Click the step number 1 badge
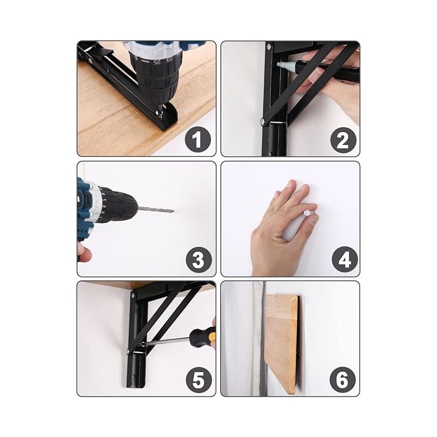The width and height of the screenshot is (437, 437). (198, 139)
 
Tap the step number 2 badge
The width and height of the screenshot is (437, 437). (343, 140)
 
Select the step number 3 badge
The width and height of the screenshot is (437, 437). (199, 259)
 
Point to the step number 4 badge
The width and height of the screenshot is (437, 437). (345, 259)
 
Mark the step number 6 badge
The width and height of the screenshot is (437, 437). (342, 379)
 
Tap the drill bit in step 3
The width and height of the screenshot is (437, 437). (156, 209)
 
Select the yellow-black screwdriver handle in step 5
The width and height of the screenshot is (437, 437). (203, 336)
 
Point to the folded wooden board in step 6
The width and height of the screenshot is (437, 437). (281, 345)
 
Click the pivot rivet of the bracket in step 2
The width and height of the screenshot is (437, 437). (263, 121)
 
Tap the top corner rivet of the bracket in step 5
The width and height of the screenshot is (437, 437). (133, 294)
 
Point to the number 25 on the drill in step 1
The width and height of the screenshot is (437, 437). (157, 62)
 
